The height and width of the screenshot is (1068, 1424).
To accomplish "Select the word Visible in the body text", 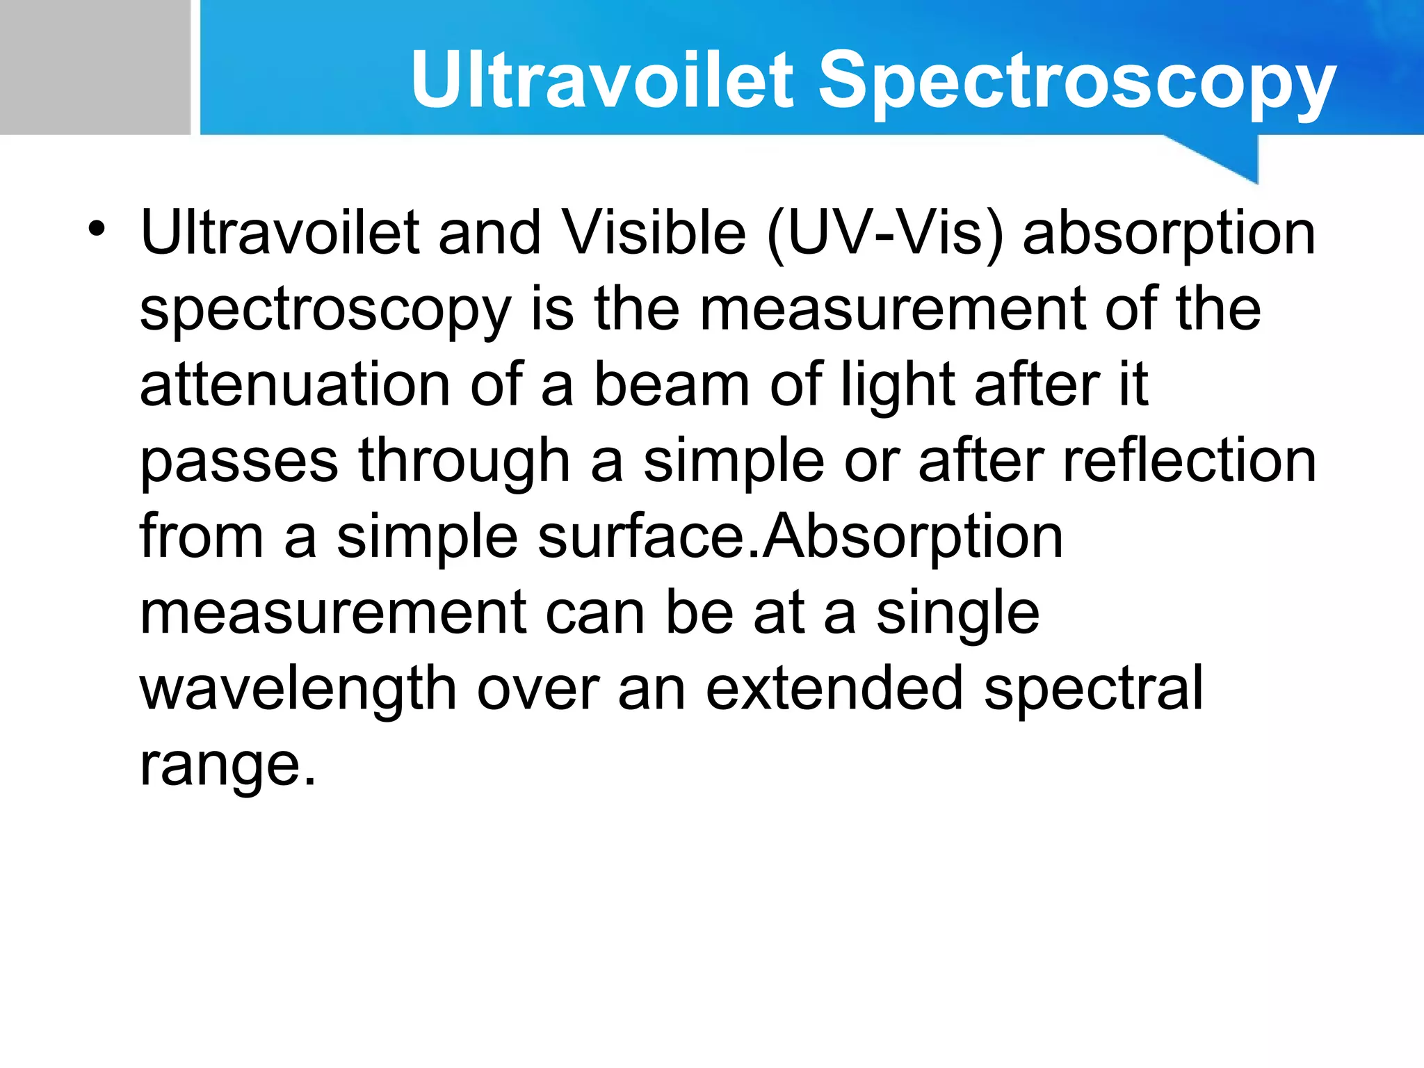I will [x=653, y=233].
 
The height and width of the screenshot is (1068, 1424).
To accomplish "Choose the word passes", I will [x=239, y=462].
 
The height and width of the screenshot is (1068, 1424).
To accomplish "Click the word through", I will [x=464, y=462].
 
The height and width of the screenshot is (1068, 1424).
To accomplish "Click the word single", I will [x=957, y=615].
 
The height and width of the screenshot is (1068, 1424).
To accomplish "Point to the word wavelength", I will [x=298, y=690].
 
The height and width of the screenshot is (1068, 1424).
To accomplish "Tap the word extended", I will [x=835, y=689].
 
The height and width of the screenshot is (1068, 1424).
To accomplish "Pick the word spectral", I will [x=1093, y=690].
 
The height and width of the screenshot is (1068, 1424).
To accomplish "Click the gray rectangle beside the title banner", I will [x=95, y=67].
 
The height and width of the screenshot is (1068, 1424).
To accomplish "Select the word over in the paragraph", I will [x=537, y=689].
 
